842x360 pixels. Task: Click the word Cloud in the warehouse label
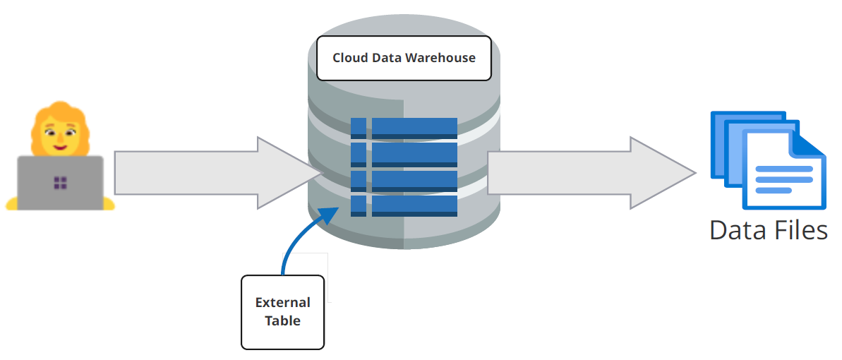349,57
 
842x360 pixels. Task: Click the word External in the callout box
282,302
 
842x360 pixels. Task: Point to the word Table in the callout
282,320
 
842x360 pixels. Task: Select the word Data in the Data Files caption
736,230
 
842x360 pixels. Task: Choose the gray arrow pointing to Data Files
586,173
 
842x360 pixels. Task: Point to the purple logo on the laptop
60,184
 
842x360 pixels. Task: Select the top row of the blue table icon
404,128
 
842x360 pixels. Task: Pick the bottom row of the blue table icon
404,206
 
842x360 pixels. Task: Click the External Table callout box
282,311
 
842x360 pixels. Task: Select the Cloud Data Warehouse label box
404,57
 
